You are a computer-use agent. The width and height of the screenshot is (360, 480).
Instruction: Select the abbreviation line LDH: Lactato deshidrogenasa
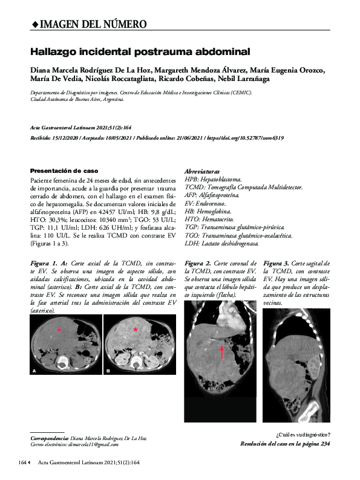(221, 244)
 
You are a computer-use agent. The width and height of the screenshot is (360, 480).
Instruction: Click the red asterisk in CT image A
(59, 329)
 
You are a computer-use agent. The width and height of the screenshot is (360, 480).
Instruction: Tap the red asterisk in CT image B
(136, 329)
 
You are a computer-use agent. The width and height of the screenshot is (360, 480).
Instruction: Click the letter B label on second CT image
(108, 369)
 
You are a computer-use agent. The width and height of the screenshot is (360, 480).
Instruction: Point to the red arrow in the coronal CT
(222, 352)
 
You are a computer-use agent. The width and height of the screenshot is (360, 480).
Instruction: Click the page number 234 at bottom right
(325, 443)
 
